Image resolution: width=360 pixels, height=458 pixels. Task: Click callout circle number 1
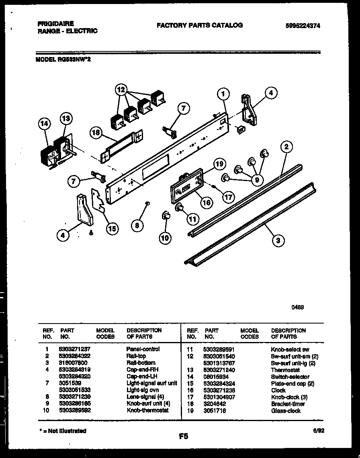[223, 94]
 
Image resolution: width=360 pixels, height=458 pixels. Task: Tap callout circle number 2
[286, 147]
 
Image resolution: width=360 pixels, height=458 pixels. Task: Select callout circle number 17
[229, 197]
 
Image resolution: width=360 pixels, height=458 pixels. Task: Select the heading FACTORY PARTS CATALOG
[199, 25]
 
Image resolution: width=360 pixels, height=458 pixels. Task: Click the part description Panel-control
[143, 349]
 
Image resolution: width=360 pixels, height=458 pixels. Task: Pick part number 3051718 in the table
[215, 411]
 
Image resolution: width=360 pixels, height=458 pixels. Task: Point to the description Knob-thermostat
[147, 410]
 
